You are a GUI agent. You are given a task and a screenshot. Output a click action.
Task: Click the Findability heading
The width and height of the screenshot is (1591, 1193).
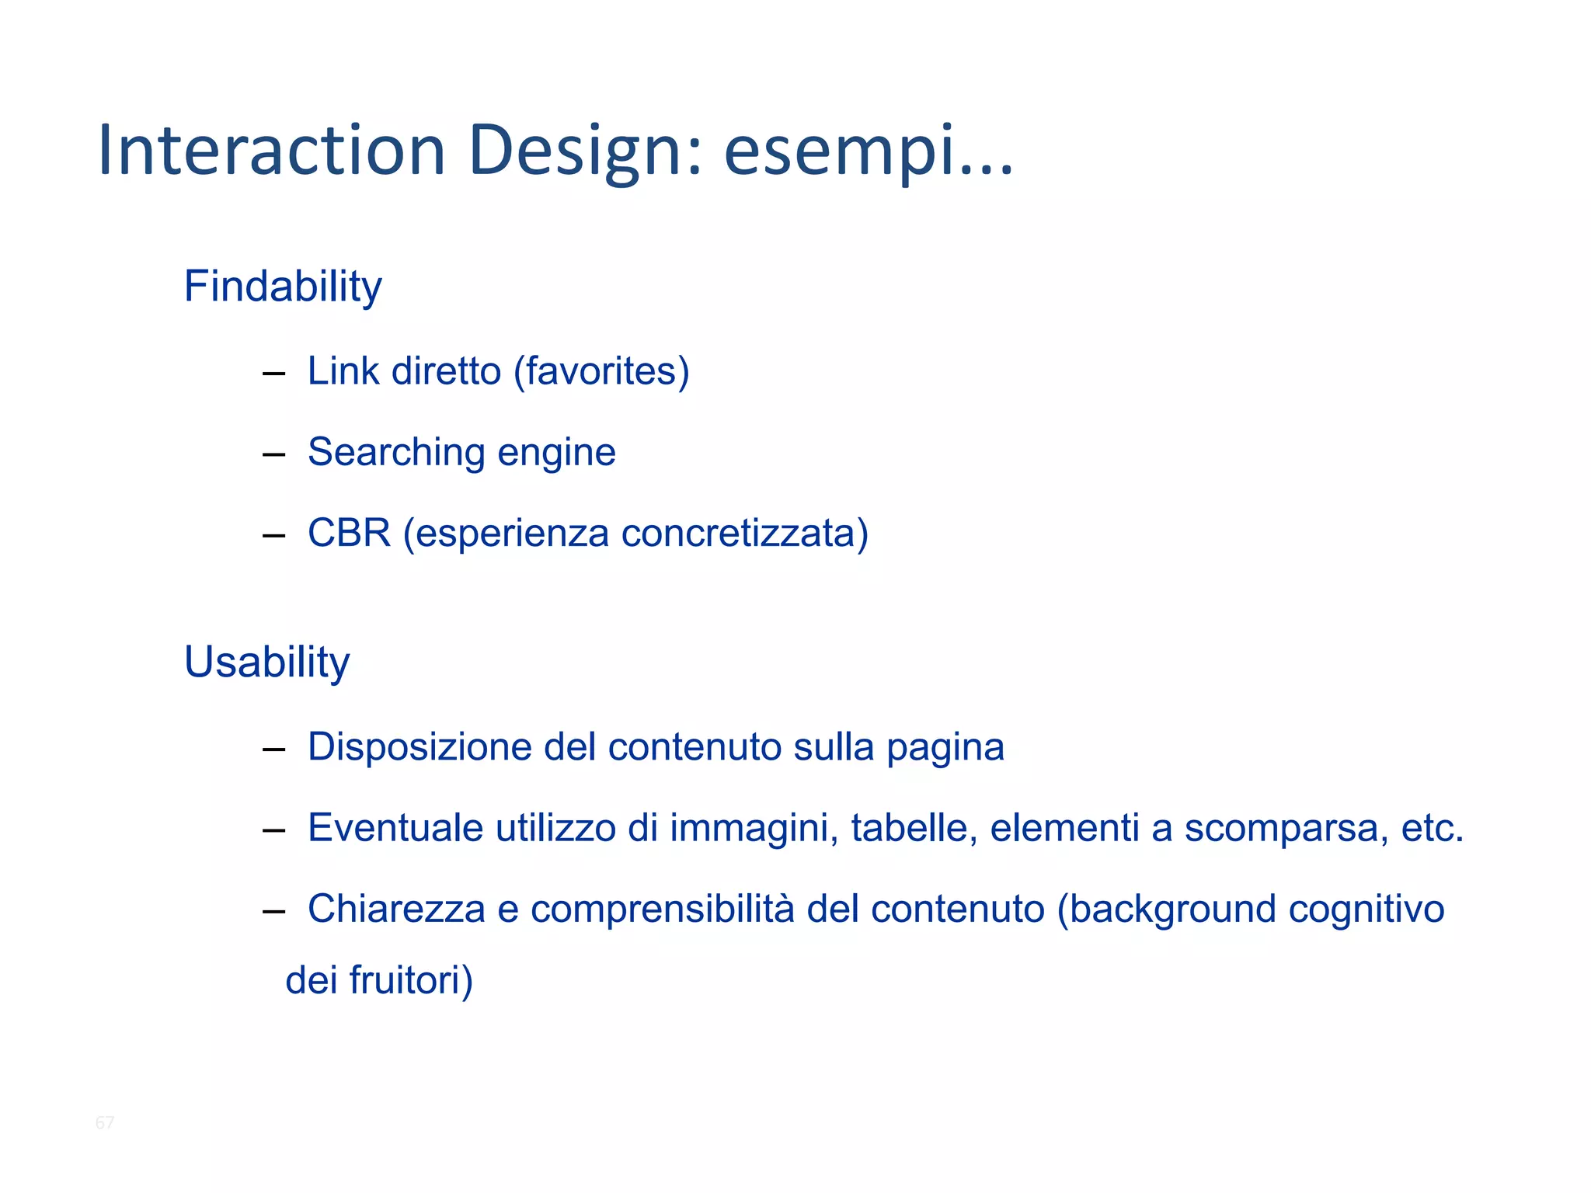point(283,287)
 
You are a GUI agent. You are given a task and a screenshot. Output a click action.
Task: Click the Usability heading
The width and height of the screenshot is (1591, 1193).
point(266,663)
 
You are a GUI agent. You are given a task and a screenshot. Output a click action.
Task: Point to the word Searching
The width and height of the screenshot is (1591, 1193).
point(396,453)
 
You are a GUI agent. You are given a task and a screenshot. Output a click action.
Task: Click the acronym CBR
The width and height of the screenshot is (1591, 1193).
point(349,534)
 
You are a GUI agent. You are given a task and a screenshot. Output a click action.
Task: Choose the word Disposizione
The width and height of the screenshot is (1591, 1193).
point(420,747)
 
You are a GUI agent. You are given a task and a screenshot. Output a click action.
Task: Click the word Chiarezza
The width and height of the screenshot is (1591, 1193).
point(396,909)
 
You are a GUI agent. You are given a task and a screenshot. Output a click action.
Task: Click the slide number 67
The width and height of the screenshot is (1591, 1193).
point(105,1122)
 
